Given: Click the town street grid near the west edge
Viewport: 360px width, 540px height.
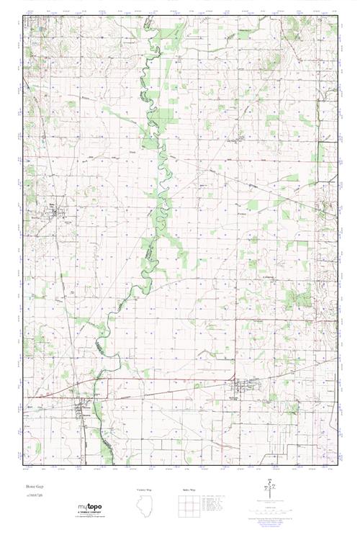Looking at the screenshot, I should pyautogui.click(x=53, y=211).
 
